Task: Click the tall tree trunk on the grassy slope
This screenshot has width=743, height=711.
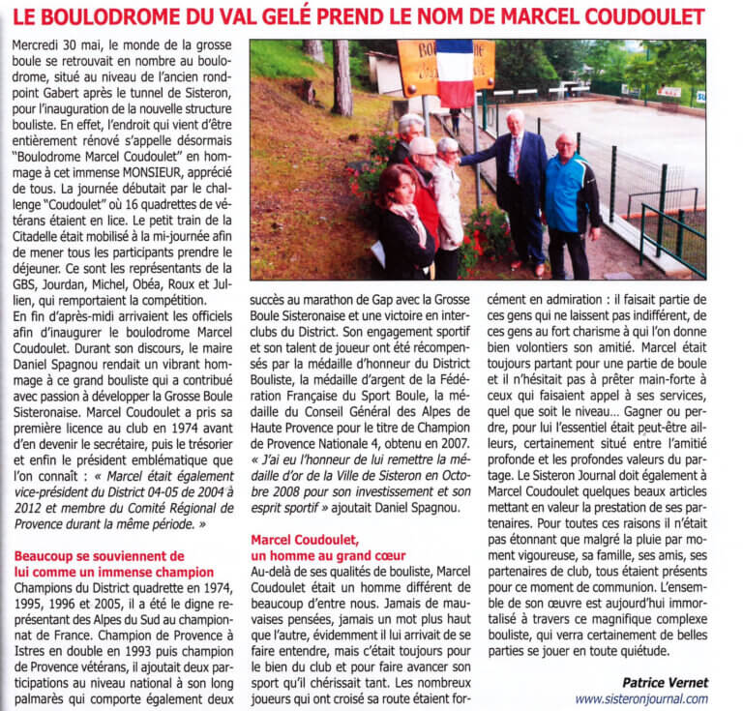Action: [342, 77]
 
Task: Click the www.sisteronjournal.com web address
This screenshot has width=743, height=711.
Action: [640, 697]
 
